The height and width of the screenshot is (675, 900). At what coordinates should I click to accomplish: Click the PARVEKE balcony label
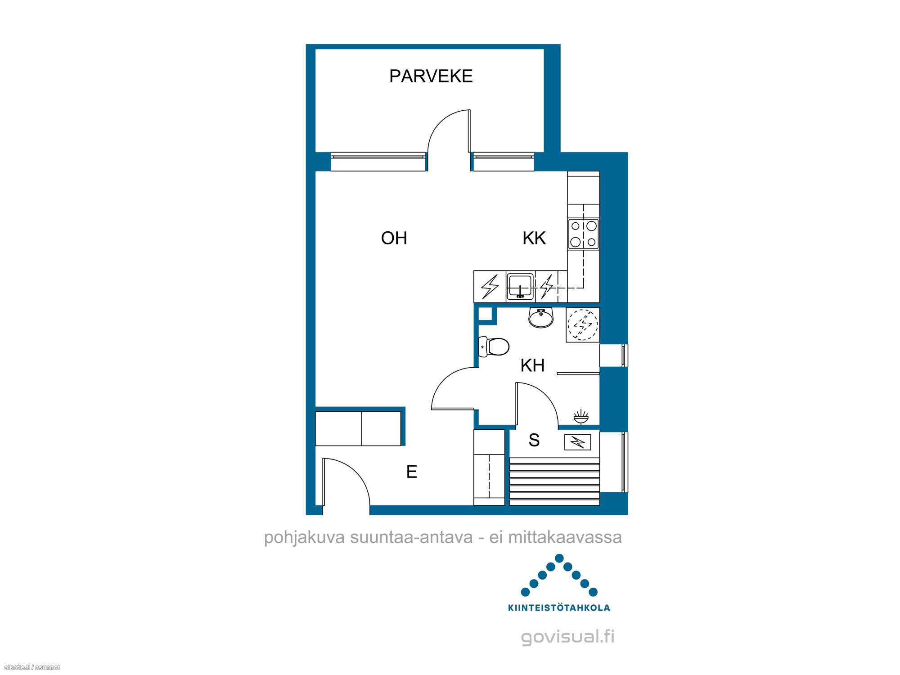431,76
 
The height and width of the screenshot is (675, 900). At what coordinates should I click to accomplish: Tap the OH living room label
394,238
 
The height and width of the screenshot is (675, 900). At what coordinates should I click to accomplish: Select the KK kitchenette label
534,238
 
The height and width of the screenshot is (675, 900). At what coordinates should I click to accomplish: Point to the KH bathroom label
532,365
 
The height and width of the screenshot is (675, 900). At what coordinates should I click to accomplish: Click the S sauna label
534,440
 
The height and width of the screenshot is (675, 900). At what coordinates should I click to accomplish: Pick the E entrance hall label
412,472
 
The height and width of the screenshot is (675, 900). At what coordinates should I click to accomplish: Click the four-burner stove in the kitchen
583,234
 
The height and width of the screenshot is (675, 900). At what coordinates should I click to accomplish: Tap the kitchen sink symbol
520,286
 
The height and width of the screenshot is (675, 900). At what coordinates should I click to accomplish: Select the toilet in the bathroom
493,346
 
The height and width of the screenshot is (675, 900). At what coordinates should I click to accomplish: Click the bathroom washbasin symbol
541,318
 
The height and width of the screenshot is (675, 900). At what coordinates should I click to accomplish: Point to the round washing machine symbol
583,324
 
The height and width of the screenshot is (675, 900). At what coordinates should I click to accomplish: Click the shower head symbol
581,417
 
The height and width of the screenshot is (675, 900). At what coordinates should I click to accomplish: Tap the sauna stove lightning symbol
577,442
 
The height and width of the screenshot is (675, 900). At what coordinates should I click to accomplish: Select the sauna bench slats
554,481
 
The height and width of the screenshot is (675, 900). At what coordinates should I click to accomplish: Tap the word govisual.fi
567,636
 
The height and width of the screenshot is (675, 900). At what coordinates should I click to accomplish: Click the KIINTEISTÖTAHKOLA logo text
559,607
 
